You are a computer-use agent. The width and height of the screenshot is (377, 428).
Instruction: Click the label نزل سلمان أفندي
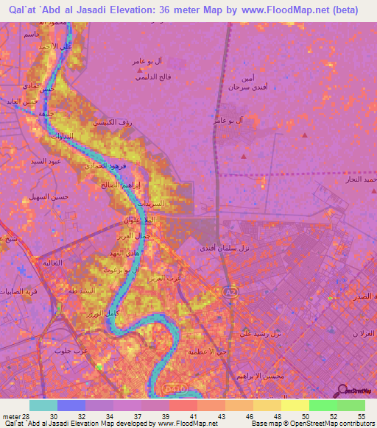(x=225, y=249)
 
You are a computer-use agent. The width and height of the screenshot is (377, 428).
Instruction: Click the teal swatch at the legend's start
(x=43, y=405)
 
